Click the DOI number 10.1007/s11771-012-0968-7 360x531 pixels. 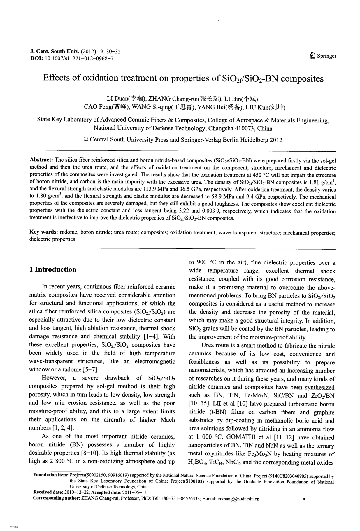pos(78,59)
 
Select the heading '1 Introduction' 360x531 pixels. pos(52,269)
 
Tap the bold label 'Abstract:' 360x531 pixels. pos(41,160)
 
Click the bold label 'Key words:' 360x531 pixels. pos(44,232)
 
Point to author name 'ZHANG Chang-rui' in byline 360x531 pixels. pos(173,98)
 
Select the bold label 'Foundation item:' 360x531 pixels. pos(51,475)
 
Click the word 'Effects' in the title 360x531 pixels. pos(56,78)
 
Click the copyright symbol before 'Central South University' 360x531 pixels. pos(86,140)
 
